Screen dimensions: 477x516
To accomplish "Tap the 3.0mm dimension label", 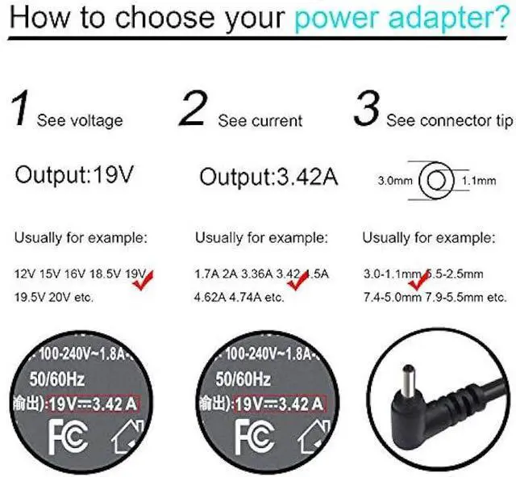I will click(x=395, y=181).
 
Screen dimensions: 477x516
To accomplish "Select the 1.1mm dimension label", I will click(x=477, y=181).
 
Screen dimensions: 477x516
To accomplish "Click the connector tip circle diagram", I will click(x=436, y=181).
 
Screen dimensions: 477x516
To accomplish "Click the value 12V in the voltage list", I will click(x=25, y=275).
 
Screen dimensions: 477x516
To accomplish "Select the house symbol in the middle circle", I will click(x=310, y=437).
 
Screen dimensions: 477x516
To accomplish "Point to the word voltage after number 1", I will click(x=90, y=121).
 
